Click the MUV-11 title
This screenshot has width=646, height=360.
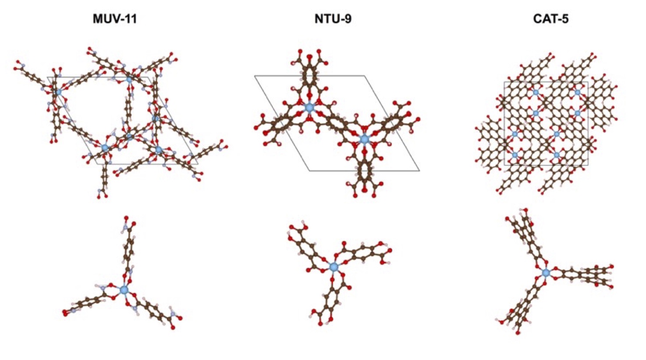click(115, 19)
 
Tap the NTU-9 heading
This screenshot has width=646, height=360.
click(333, 19)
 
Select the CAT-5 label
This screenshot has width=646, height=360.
click(551, 19)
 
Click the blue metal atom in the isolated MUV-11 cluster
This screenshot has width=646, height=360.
click(124, 289)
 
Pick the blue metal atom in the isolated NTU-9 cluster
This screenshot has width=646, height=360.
click(334, 267)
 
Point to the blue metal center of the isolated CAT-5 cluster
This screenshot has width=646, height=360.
click(546, 273)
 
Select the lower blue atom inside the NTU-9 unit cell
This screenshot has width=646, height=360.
click(365, 139)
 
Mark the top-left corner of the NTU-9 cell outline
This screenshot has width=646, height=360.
click(255, 76)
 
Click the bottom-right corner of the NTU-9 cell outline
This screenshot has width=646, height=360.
click(419, 171)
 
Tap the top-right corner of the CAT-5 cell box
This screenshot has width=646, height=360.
click(588, 82)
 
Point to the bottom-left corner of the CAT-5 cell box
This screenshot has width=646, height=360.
click(504, 165)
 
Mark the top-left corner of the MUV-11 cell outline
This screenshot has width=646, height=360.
click(47, 78)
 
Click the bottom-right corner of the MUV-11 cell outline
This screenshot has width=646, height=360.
click(198, 164)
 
